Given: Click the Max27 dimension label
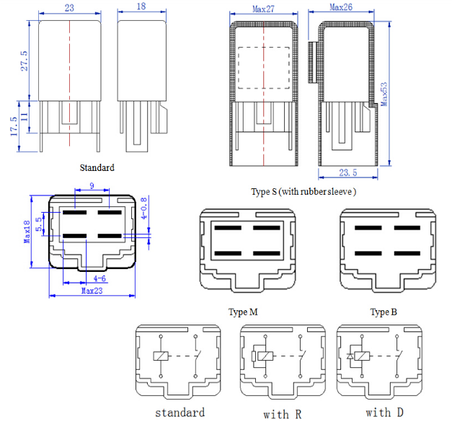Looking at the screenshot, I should coord(265,9).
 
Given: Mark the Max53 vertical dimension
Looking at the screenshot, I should coord(384,92).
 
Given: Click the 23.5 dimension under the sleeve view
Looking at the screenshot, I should coord(347,173).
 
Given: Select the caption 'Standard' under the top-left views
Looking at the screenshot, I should coord(97,167).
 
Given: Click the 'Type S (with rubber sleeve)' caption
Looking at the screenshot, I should coord(303,192).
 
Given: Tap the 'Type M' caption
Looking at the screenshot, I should coord(244,312).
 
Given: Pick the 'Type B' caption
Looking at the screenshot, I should coord(384,312).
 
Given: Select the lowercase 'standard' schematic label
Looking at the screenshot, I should coord(180,413).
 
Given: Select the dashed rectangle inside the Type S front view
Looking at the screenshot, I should coord(263,69).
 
